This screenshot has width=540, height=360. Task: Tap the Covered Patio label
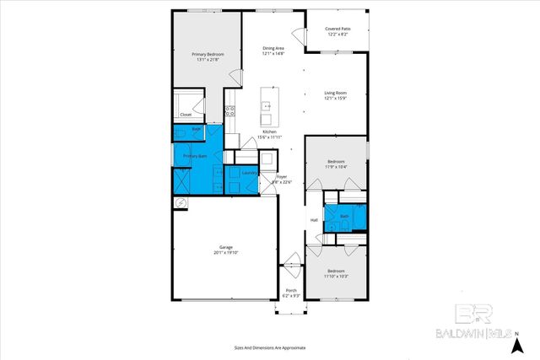click(x=337, y=29)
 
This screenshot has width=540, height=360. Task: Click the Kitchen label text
click(x=269, y=132)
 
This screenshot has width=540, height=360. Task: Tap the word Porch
click(x=289, y=291)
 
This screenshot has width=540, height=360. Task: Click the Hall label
click(x=314, y=220)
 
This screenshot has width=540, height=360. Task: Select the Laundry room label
click(x=249, y=173)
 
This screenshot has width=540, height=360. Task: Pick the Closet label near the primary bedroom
click(x=185, y=114)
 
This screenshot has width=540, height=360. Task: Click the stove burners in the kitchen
click(x=229, y=110)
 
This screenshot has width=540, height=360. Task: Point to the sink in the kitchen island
click(x=267, y=106)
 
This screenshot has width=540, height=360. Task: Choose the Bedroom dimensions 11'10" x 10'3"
click(x=336, y=277)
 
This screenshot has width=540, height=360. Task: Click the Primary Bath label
click(x=196, y=156)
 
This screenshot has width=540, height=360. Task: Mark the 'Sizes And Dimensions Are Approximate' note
click(x=270, y=347)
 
